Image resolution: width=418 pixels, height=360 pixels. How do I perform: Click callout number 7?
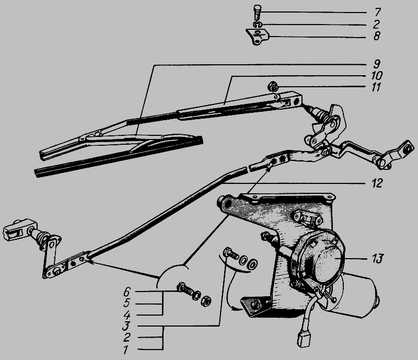pos(377,12)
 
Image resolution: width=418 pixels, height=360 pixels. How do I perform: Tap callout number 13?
pos(377,259)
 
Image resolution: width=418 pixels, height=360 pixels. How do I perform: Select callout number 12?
pos(377,183)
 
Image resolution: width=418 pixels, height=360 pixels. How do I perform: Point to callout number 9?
pos(376,64)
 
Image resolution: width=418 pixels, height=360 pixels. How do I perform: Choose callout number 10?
pos(376,75)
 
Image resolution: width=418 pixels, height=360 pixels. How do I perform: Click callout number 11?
pos(376,87)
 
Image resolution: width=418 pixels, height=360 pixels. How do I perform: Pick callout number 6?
pos(127,292)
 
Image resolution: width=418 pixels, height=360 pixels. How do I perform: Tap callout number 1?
pos(126,350)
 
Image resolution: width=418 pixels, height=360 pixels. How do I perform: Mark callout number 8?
pos(376,36)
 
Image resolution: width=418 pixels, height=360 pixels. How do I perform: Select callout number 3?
pos(126,327)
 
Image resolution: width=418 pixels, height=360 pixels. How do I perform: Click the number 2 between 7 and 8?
pos(376,24)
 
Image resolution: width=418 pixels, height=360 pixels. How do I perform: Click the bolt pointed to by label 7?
pos(257,12)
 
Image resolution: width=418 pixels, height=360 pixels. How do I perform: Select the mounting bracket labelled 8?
pos(257,37)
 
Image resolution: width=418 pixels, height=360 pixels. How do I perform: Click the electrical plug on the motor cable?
pos(304,340)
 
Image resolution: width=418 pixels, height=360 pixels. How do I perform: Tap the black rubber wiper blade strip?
pos(119,157)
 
